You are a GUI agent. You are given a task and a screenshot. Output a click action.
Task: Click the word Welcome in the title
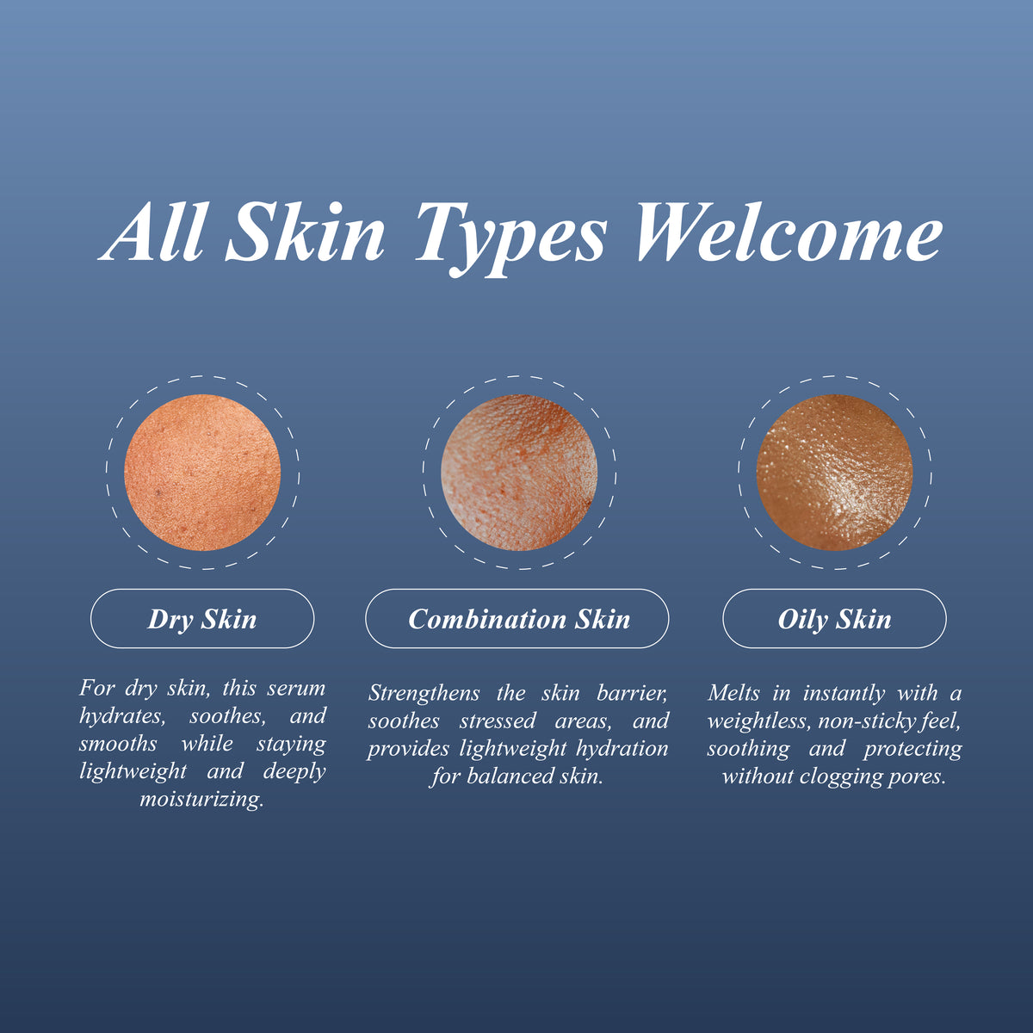point(789,234)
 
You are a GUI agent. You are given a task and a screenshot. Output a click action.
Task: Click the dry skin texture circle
point(202,473)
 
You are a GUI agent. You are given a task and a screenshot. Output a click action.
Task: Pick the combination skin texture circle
point(519,473)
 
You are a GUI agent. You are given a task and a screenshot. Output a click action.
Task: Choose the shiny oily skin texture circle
point(834,473)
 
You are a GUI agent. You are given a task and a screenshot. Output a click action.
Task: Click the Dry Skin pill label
point(202,619)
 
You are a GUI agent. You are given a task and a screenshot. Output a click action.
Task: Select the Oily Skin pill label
point(834,619)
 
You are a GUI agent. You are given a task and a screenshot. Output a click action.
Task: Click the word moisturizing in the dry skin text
point(201,800)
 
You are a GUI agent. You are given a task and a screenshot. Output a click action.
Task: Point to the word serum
point(296,689)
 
